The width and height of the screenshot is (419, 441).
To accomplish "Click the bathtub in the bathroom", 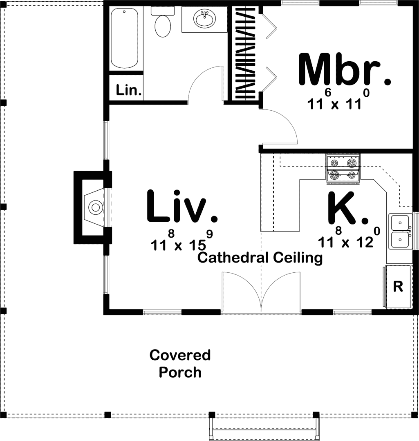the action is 124,38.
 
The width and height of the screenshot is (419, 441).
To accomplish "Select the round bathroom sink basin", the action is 204,18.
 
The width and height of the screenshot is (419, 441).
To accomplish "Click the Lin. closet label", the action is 129,90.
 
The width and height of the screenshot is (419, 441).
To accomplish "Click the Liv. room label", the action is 182,207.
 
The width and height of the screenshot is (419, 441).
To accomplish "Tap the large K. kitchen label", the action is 348,208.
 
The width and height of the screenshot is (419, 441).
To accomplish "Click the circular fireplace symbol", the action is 96,207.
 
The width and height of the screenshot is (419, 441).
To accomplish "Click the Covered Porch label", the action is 180,364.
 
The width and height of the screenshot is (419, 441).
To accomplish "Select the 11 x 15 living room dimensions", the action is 181,241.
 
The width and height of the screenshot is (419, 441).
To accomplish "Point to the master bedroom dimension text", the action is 338,100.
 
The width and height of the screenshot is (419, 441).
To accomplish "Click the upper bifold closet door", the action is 270,25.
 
